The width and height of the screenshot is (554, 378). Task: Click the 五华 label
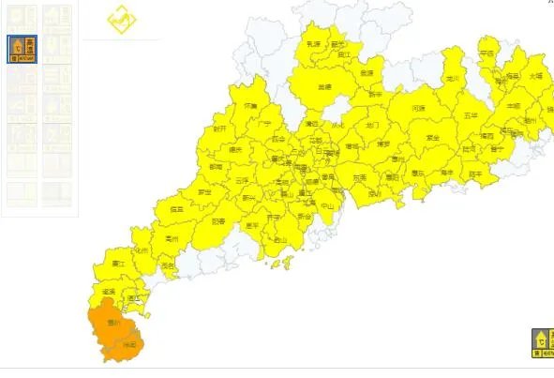pyautogui.click(x=470, y=114)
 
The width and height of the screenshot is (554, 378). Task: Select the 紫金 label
pyautogui.click(x=432, y=137)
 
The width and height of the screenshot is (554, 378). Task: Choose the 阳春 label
pyautogui.click(x=218, y=221)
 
